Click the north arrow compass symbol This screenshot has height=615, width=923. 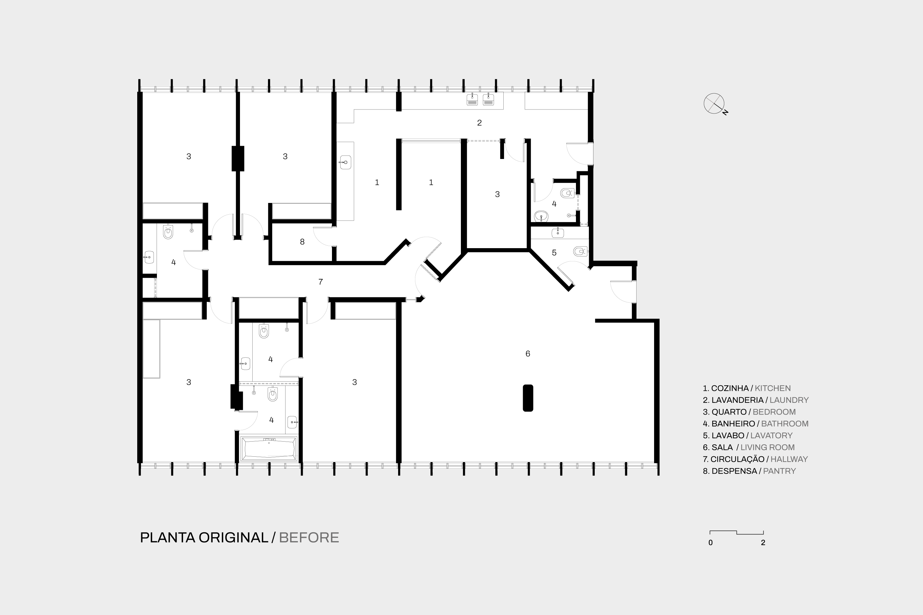point(714,104)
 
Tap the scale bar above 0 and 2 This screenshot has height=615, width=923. point(737,532)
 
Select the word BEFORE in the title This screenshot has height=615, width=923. point(309,537)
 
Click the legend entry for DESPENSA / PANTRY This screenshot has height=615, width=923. point(749,471)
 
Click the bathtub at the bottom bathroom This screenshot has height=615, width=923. point(269,448)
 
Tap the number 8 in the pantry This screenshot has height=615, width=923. point(302,242)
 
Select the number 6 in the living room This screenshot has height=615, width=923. point(528,353)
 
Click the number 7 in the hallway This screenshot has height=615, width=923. point(321,282)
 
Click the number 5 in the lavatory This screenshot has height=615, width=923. point(554,252)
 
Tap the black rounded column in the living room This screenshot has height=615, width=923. point(528,398)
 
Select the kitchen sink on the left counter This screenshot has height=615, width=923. point(345,162)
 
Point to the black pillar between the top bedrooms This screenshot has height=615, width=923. point(238,158)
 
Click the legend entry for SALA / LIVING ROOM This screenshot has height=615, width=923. point(749,447)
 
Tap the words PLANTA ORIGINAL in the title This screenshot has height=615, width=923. point(204,537)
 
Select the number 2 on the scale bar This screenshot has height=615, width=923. point(763,543)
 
